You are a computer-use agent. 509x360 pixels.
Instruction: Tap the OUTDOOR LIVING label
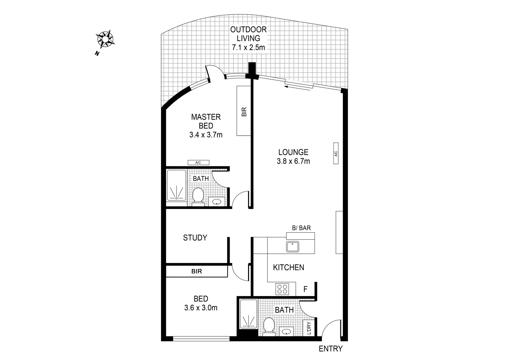point(248,34)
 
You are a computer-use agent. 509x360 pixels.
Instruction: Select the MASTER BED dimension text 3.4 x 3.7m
point(206,135)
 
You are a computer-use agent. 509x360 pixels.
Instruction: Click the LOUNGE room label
point(293,152)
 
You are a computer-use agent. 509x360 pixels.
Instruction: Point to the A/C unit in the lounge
point(336,153)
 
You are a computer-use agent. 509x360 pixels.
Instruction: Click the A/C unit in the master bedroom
point(198,163)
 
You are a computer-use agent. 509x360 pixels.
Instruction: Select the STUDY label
point(195,238)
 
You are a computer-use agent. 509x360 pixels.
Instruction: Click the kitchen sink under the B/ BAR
point(293,247)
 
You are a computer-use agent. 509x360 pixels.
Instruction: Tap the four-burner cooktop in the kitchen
point(282,289)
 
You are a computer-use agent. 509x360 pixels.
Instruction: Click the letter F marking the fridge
point(305,289)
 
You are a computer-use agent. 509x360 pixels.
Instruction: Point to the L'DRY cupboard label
point(308,327)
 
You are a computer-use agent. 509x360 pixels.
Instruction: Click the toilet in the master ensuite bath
point(198,196)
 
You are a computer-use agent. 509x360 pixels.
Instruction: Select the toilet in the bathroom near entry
point(268,325)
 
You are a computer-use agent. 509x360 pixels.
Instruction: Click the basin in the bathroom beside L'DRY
point(286,332)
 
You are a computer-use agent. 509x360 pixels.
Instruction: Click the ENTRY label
point(330,349)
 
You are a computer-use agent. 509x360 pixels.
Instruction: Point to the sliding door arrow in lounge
point(299,87)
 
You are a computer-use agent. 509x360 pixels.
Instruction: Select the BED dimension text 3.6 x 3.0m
point(201,308)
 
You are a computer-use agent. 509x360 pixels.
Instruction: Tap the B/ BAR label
point(301,228)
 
